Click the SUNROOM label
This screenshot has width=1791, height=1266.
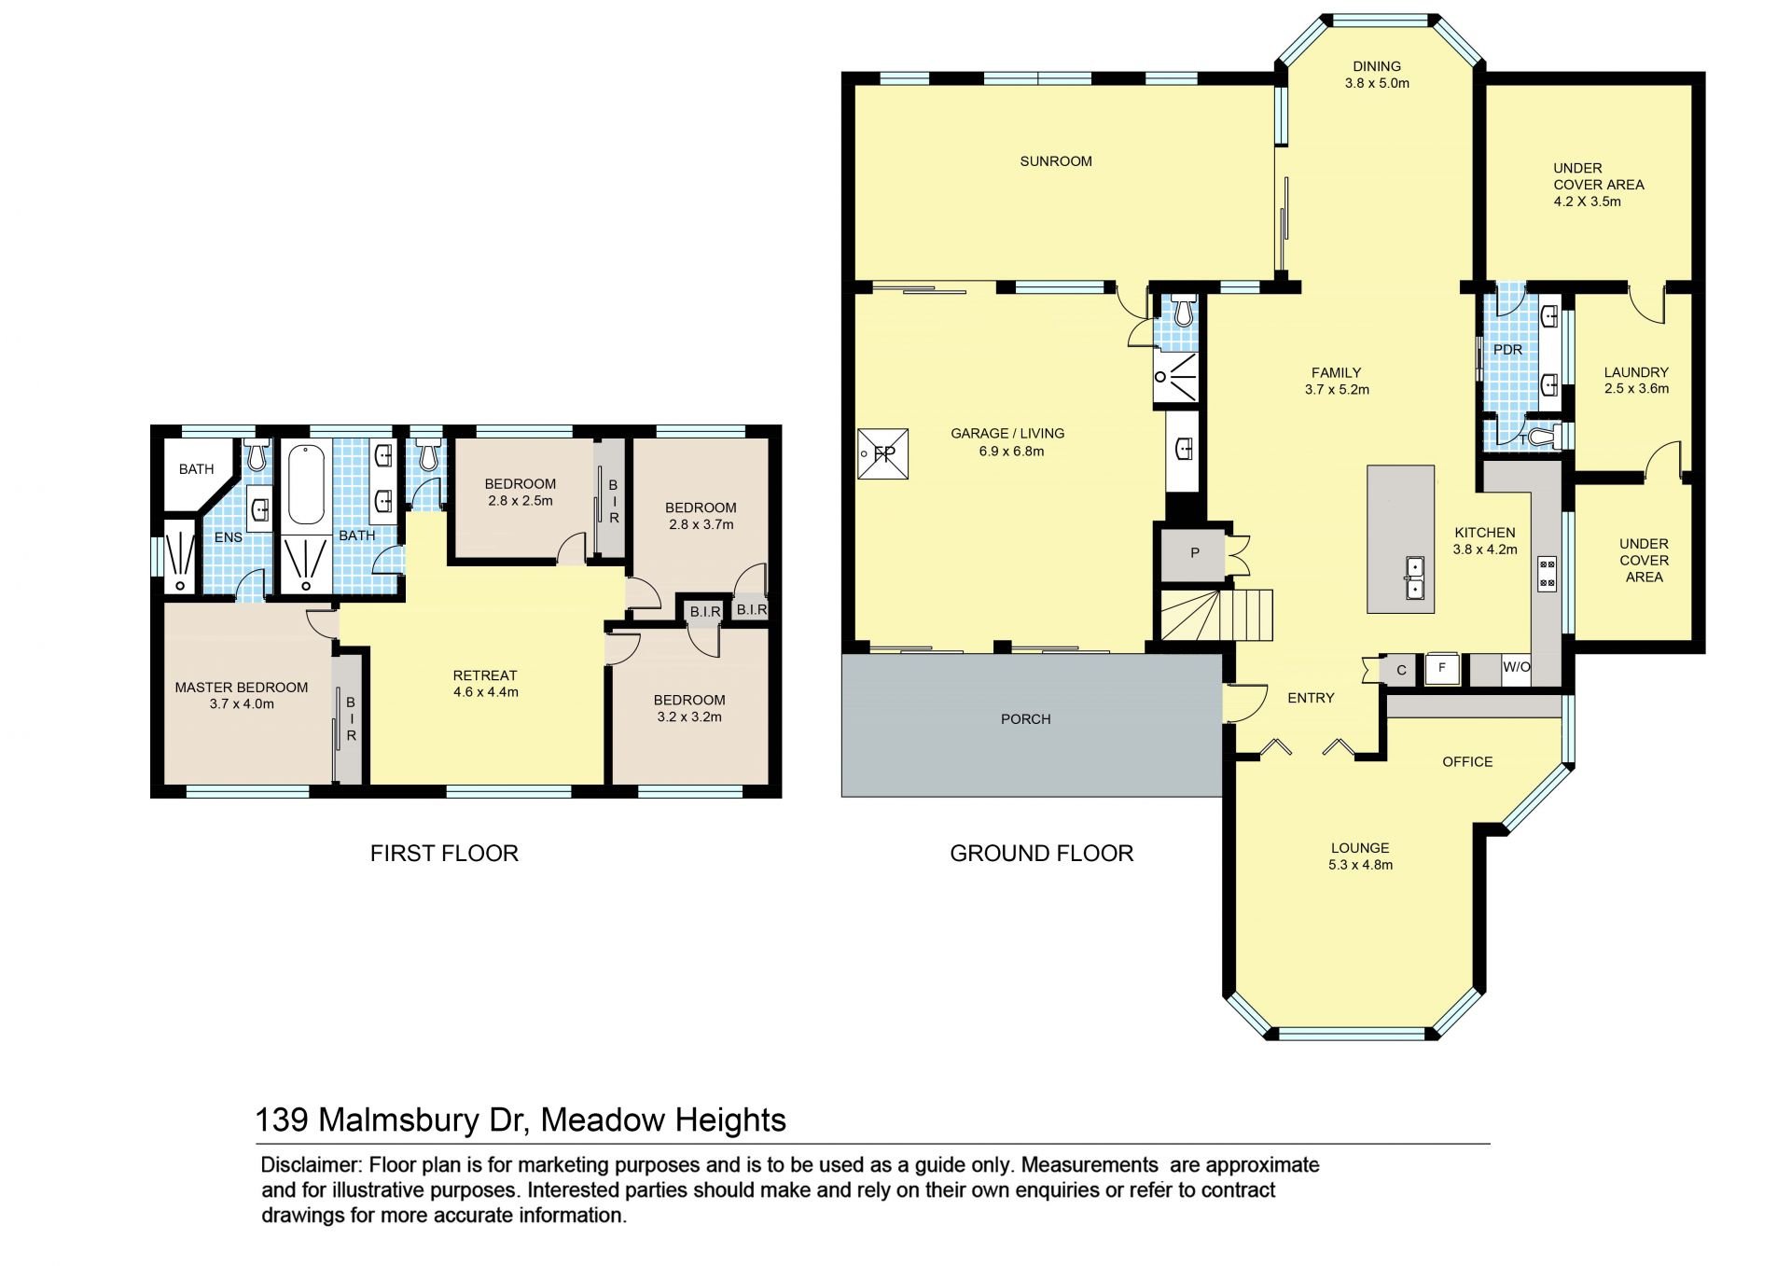tap(1055, 161)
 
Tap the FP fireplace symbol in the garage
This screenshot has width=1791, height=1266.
tap(882, 454)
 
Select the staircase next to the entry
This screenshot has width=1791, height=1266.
tap(1216, 615)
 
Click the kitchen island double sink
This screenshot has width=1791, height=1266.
tap(1415, 577)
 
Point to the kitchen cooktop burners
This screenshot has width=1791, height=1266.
tap(1548, 574)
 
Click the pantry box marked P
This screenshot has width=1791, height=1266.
tap(1195, 553)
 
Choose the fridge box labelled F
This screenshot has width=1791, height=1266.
tap(1442, 669)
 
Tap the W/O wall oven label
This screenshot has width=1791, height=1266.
tap(1516, 667)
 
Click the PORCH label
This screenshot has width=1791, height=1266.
tap(1025, 719)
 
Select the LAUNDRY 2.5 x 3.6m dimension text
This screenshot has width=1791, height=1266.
tap(1636, 389)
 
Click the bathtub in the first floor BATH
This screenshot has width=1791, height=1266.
tap(306, 485)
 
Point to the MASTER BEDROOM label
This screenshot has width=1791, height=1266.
tap(242, 688)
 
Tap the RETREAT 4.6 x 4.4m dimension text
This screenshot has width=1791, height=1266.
tap(485, 692)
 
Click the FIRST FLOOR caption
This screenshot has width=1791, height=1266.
tap(444, 853)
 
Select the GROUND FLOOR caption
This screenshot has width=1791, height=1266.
tap(1041, 853)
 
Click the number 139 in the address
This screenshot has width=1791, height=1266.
tap(282, 1120)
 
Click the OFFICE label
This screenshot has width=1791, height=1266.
tap(1467, 762)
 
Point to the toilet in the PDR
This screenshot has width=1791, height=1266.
tap(1544, 437)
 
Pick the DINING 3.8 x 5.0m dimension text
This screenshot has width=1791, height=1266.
tap(1377, 83)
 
